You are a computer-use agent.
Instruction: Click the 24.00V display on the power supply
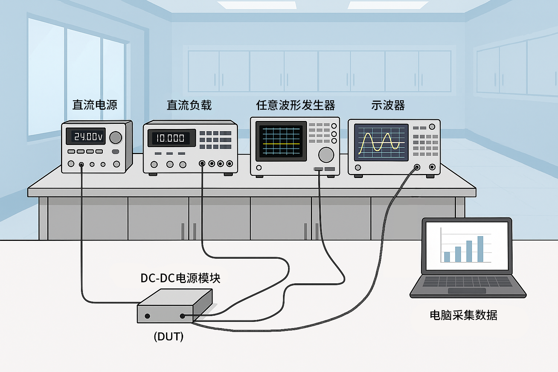point(85,136)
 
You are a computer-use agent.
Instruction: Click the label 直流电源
point(95,105)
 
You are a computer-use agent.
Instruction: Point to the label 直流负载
point(189,105)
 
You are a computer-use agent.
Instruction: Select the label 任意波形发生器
point(295,105)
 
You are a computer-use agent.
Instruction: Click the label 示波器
point(388,105)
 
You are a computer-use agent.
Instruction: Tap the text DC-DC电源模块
point(180,278)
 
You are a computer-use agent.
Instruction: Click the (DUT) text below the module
point(169,337)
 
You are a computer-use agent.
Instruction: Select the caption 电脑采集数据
point(464,315)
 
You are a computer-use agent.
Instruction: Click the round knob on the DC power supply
point(116,138)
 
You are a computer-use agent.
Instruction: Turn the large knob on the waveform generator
point(326,155)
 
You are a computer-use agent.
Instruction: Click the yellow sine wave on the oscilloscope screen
point(379,143)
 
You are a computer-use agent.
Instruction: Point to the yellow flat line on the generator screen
point(281,144)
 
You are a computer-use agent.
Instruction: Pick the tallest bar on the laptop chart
point(480,249)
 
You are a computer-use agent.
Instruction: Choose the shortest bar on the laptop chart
point(447,257)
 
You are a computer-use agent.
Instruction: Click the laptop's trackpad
point(467,291)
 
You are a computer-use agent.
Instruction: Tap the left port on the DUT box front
point(147,316)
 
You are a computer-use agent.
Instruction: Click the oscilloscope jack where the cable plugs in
point(417,167)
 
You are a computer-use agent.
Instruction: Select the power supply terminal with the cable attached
point(81,165)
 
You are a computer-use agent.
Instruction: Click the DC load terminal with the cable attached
point(202,163)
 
